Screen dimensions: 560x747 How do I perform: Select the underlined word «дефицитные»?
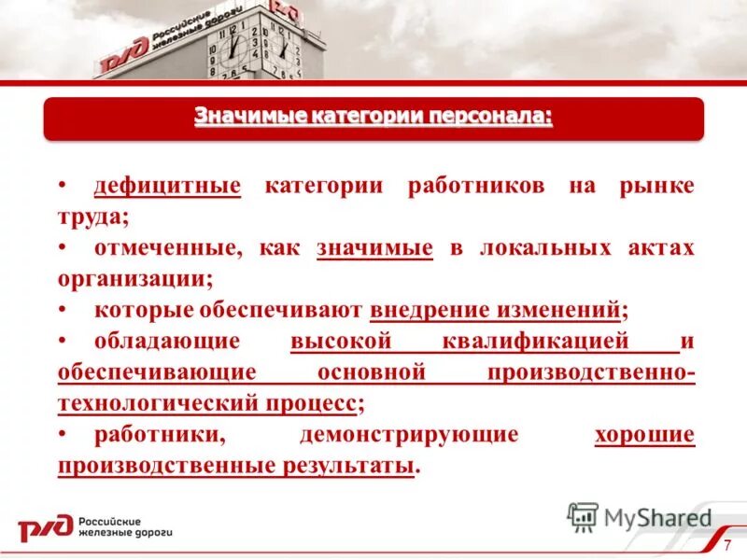[x=167, y=185]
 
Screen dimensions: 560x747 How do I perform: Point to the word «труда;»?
[x=92, y=217]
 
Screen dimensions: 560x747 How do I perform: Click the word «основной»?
[x=373, y=372]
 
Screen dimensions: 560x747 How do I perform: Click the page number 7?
[x=727, y=544]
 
